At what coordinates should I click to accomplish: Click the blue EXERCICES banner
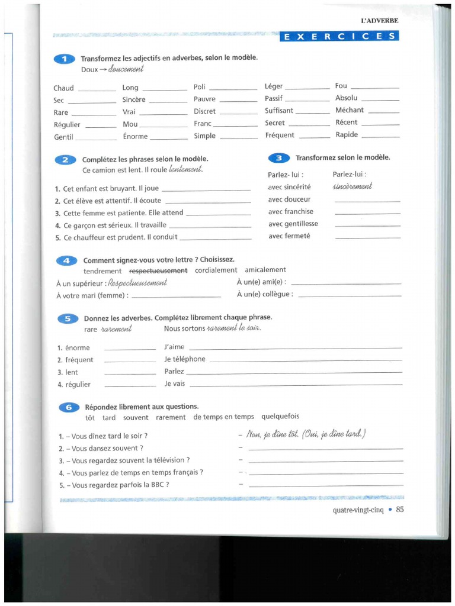(x=339, y=37)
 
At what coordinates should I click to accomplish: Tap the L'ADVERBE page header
(x=379, y=21)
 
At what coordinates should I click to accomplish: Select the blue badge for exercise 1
(x=64, y=59)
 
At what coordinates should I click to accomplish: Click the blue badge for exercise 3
(x=278, y=158)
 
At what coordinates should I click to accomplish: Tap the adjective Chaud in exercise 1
(x=63, y=88)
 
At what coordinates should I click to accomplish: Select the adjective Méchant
(x=350, y=110)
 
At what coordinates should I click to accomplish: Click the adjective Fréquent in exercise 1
(x=280, y=135)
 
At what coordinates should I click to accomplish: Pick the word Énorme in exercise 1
(x=135, y=137)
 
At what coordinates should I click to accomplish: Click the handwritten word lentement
(x=185, y=170)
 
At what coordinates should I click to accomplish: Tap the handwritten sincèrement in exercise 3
(x=353, y=186)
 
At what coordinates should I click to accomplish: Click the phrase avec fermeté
(x=289, y=236)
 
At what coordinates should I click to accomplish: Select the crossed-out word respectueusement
(x=158, y=270)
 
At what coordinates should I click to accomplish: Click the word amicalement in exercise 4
(x=265, y=270)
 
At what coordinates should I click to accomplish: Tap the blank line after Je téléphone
(x=305, y=359)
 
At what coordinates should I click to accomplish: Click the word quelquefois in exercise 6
(x=280, y=417)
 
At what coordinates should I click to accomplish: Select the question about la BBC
(x=114, y=485)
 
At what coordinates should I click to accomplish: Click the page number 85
(x=399, y=510)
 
